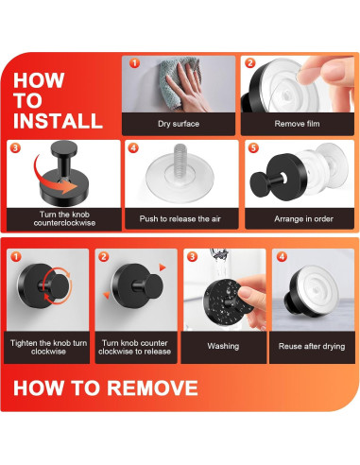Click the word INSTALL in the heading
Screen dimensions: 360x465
pos(58,121)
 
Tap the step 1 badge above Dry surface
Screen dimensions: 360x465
pos(134,63)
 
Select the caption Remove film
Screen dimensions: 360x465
pos(297,124)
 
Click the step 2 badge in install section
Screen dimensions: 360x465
pos(250,63)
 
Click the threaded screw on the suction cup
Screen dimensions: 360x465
pos(180,158)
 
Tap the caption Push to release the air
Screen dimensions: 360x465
pos(180,218)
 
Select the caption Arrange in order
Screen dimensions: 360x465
pos(303,218)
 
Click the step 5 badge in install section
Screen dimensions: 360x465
pos(254,147)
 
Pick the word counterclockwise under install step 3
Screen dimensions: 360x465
pos(64,223)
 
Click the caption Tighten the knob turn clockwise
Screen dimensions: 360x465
pos(48,347)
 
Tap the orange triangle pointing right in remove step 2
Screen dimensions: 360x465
pos(163,267)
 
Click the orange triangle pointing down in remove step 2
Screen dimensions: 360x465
pos(107,295)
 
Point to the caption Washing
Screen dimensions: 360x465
pos(223,346)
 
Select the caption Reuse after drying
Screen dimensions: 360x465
pos(312,346)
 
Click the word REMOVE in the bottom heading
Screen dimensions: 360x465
pos(152,387)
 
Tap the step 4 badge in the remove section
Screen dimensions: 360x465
pos(282,257)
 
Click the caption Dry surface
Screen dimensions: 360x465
pos(179,124)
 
